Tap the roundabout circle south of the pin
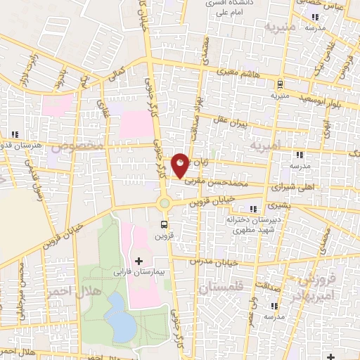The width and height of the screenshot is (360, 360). click(x=165, y=202)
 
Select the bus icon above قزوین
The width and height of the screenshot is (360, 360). click(x=165, y=225)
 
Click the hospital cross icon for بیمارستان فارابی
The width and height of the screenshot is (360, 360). click(x=139, y=261)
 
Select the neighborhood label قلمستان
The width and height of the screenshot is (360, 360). click(x=220, y=288)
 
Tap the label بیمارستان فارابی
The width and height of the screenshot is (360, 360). click(x=139, y=271)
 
